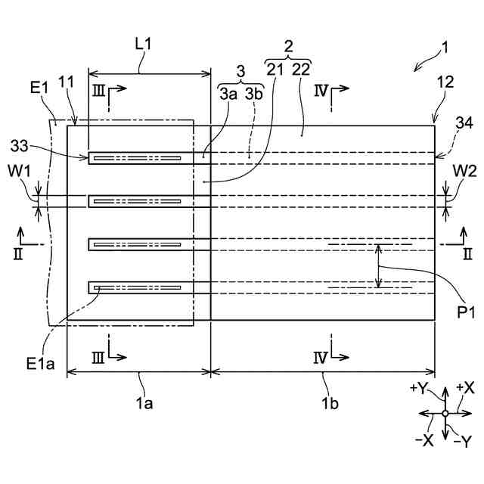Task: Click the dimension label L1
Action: pos(143,44)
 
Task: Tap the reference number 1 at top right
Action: pos(446,48)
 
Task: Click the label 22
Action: pos(301,70)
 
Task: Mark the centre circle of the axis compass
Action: pos(445,413)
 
